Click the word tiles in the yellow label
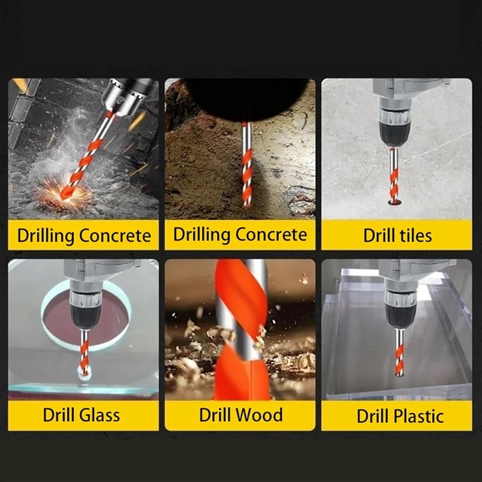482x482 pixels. pos(414,236)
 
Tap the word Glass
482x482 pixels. pos(99,415)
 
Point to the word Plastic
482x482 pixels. pos(418,416)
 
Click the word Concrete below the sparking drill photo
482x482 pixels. pos(115,236)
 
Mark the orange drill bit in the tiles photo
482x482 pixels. pos(394,175)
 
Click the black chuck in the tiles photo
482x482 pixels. pos(394,134)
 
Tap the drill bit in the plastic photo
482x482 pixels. pos(399,352)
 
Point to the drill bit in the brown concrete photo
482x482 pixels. pos(247,164)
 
